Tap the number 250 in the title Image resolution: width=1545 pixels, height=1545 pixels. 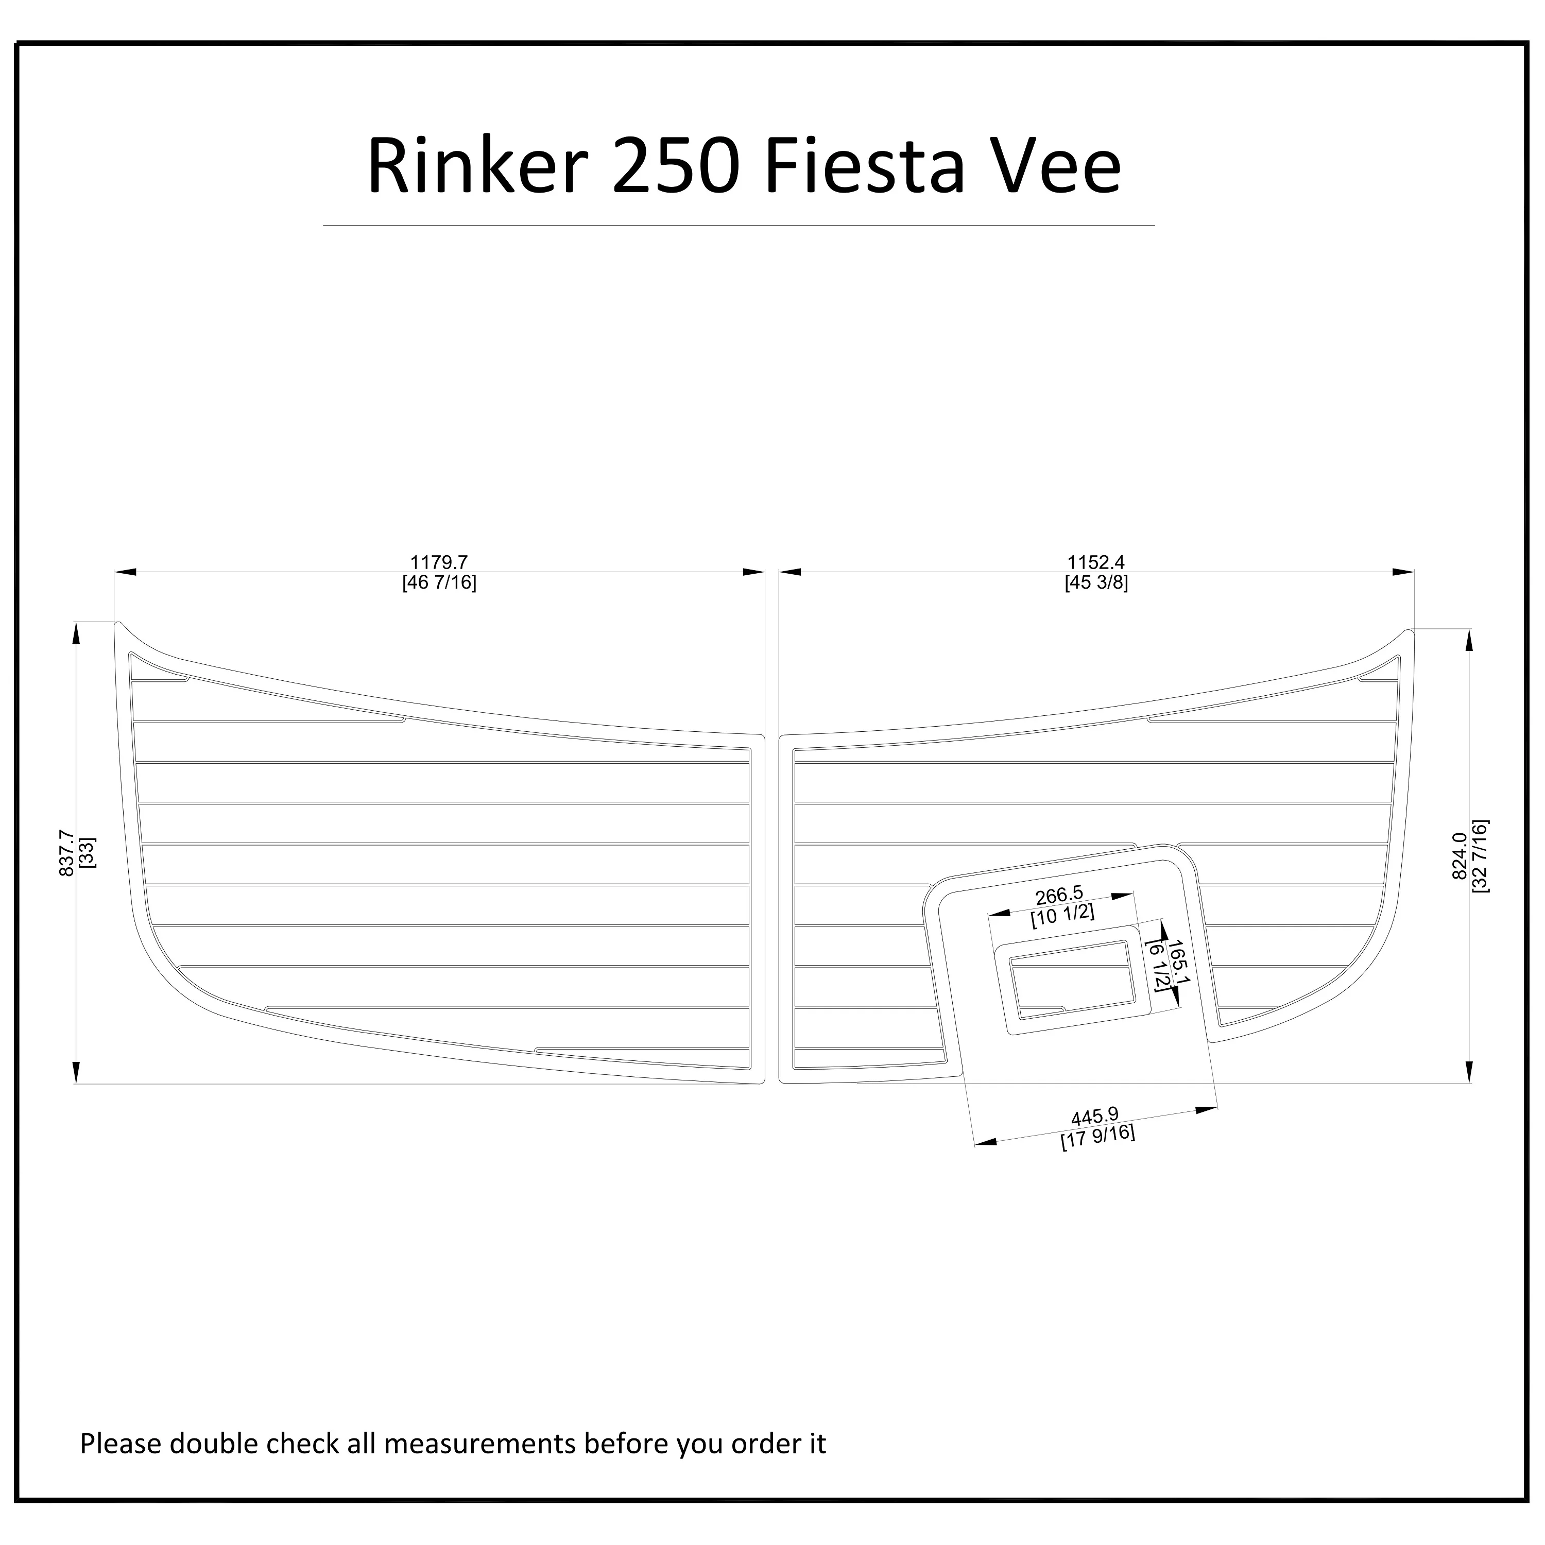pos(673,166)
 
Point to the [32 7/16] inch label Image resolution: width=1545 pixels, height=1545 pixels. pos(1480,855)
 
